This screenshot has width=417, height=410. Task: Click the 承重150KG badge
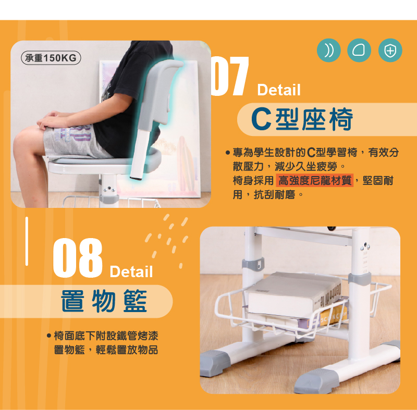point(51,58)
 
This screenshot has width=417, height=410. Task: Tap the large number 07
point(230,76)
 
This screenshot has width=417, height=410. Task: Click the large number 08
point(78,258)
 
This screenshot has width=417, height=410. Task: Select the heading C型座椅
point(302,119)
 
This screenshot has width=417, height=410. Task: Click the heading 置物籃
point(104,301)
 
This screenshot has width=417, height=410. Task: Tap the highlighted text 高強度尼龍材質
point(315,180)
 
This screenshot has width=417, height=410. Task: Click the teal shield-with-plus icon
point(390,51)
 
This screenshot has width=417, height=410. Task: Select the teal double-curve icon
point(329,51)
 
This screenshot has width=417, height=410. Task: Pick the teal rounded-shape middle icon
point(359,51)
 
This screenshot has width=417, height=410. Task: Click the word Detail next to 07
point(279,90)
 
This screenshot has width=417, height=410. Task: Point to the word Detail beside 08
point(131,271)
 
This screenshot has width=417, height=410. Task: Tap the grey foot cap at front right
point(316,380)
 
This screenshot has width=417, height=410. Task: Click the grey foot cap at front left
point(214,363)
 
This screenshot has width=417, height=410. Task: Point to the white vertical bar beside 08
point(27,241)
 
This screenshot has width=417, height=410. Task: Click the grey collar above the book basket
point(360,279)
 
